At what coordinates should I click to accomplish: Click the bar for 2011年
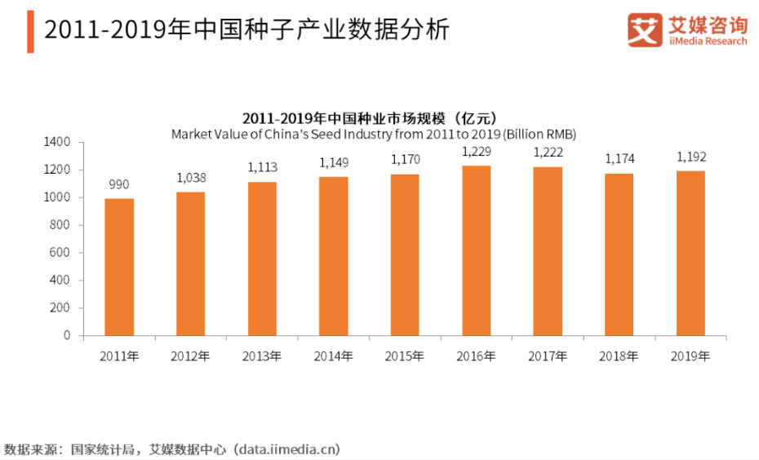click(x=119, y=267)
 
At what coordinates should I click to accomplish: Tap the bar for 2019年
click(x=691, y=253)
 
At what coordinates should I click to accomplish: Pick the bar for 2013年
click(x=262, y=259)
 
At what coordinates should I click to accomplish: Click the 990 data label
click(x=119, y=185)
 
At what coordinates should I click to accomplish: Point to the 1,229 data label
click(x=477, y=152)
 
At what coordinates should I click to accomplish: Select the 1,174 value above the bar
click(x=619, y=159)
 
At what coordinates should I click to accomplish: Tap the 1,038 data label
click(x=191, y=178)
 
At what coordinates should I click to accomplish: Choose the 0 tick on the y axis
click(x=69, y=335)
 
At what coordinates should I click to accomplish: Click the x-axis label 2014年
click(x=334, y=356)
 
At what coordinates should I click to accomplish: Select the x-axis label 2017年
click(x=548, y=356)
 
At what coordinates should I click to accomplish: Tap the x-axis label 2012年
click(x=191, y=356)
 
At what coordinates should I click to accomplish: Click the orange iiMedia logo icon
click(x=645, y=29)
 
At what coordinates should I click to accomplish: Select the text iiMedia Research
click(x=707, y=41)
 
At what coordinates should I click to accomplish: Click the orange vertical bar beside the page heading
click(x=30, y=32)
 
